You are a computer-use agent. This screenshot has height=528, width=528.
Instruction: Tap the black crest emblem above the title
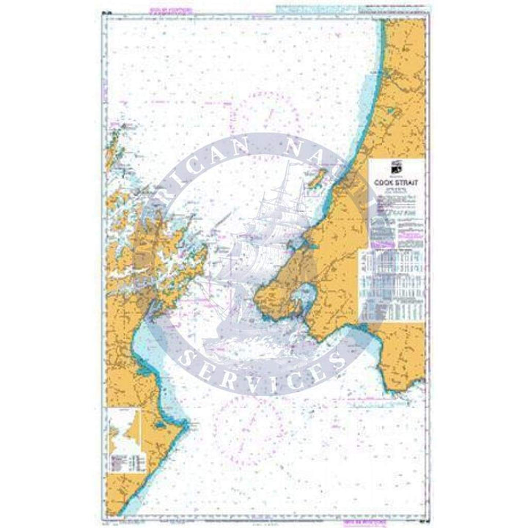[x=392, y=166]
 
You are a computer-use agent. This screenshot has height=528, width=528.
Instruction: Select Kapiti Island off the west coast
[x=320, y=177]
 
